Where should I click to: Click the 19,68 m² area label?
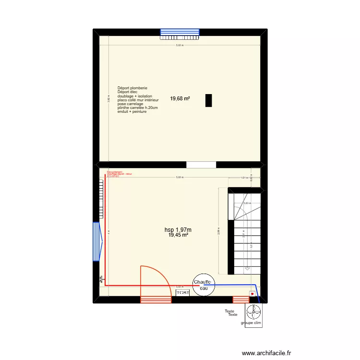180,99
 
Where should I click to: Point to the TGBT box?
182,292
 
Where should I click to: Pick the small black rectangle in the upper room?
208,100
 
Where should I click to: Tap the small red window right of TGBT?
240,300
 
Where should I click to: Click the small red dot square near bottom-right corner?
252,294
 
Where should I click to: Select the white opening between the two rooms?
201,165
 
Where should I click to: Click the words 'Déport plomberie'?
132,88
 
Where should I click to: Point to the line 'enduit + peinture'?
132,111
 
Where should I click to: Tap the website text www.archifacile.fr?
266,353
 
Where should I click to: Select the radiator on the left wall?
100,197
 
